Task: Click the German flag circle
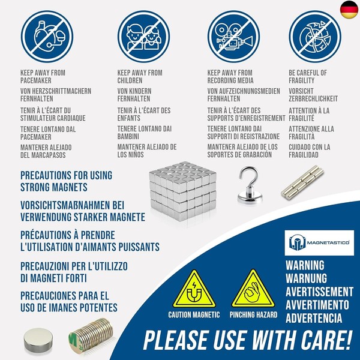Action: coord(349,10)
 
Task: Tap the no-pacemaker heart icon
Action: coord(47,37)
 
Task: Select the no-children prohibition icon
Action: coord(144,37)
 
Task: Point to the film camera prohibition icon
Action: coord(234,37)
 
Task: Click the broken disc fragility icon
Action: coord(315,37)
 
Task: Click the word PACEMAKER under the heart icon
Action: coord(36,80)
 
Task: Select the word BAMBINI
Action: coord(128,136)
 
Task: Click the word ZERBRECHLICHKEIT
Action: coord(313,99)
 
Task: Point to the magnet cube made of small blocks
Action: coord(183,191)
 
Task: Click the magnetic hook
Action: coord(250,185)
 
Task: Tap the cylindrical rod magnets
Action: coord(302,182)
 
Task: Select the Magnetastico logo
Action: coord(319,242)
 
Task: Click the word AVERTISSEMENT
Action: coord(319,292)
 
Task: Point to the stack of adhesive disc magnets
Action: coord(91,335)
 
